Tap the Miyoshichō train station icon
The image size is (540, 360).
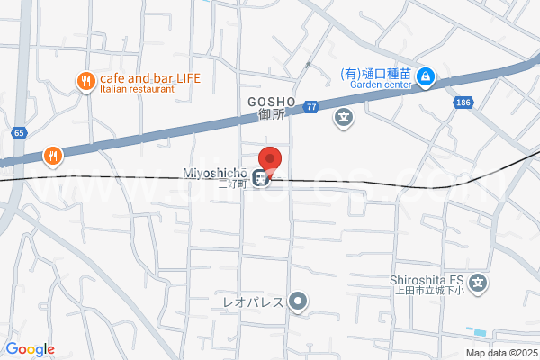point(260,179)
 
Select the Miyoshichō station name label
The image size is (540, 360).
point(218,173)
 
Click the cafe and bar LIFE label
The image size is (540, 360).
point(151,77)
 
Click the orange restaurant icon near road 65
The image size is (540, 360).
point(53,157)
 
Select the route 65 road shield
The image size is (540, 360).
point(19,133)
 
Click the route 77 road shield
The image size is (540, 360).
point(311,106)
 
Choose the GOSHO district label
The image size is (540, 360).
point(266,102)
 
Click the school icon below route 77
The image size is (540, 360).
point(344,117)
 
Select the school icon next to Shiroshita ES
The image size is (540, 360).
point(479,283)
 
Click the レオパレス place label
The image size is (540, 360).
point(253,301)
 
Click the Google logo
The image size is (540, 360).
point(30,349)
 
